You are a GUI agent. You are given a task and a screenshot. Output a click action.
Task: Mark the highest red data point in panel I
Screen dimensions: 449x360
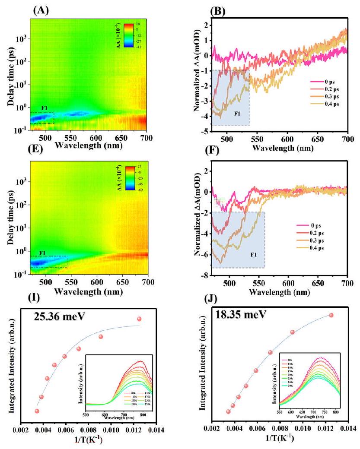(x=139, y=319)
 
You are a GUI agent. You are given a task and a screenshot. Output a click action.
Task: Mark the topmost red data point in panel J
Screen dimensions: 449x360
(x=331, y=315)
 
